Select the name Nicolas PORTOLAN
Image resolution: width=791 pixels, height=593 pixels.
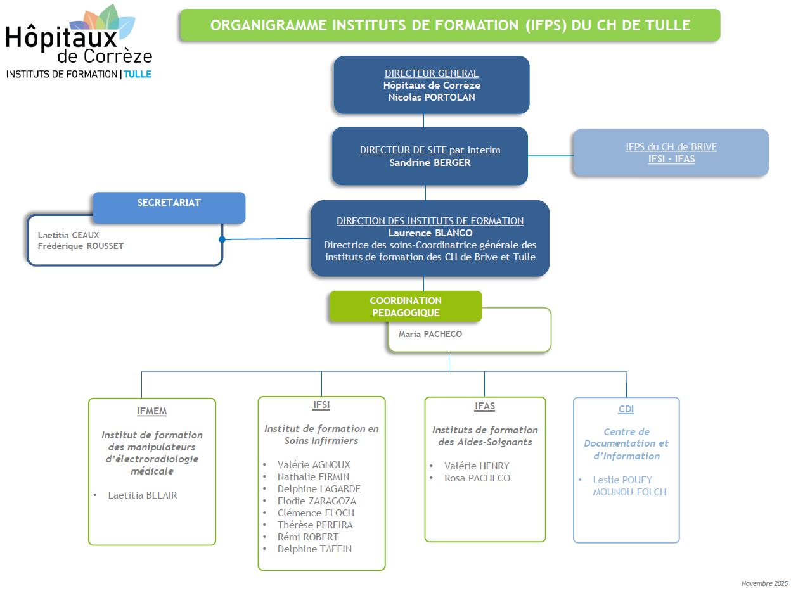[431, 98]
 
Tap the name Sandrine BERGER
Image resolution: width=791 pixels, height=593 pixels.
[430, 162]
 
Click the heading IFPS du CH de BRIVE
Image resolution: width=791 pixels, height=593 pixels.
[671, 147]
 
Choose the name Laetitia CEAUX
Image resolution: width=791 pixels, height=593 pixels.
[68, 235]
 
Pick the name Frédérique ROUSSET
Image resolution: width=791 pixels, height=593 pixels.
[80, 246]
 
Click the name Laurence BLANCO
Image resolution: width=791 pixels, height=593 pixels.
[430, 233]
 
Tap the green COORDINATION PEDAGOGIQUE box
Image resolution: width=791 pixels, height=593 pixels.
[406, 307]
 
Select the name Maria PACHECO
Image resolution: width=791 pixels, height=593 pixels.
[430, 334]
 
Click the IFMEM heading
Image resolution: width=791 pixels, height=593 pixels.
[151, 411]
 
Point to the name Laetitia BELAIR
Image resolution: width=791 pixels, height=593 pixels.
[143, 495]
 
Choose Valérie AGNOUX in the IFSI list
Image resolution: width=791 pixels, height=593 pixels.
[314, 465]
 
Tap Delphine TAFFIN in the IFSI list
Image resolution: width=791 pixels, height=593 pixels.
[314, 549]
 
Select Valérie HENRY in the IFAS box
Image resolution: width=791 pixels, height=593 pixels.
[477, 466]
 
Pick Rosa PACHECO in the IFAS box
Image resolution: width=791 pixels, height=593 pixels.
[477, 478]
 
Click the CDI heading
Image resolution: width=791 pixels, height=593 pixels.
[626, 410]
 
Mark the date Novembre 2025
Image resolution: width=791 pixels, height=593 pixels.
[764, 583]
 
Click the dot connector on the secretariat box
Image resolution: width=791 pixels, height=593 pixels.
[222, 239]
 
